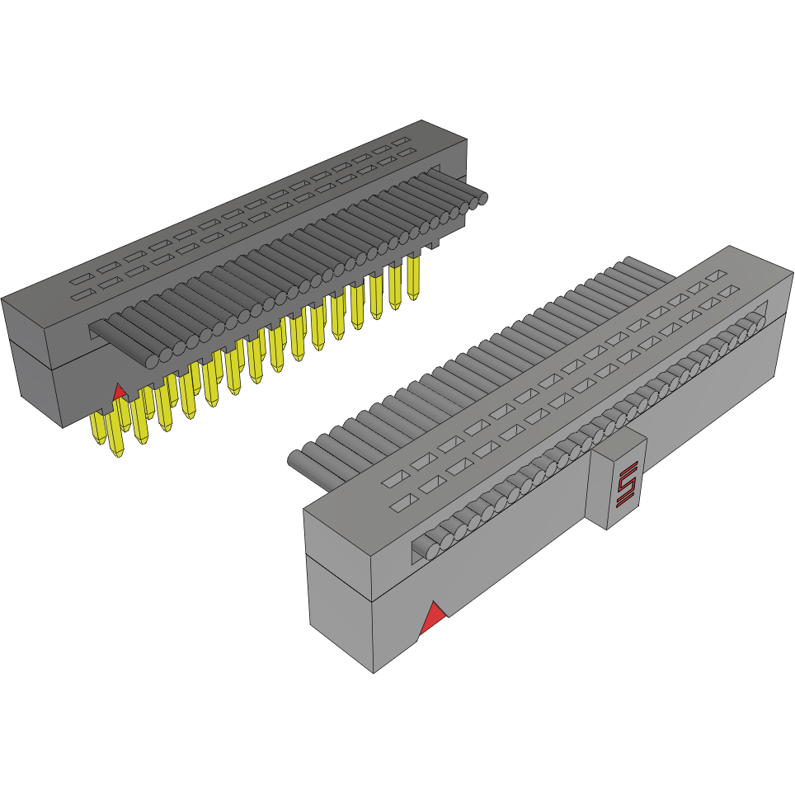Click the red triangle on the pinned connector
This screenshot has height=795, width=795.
[x=119, y=391]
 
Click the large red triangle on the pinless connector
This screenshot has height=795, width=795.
[x=431, y=618]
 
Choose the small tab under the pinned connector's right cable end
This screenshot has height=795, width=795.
[x=435, y=244]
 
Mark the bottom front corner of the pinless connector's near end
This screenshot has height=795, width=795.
[x=375, y=670]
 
